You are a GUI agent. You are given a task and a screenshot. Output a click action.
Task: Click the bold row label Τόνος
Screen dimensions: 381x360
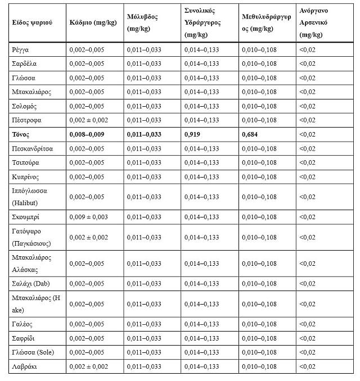[20, 134]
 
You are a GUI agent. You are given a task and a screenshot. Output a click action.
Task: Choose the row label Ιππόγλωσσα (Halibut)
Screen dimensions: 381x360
[29, 197]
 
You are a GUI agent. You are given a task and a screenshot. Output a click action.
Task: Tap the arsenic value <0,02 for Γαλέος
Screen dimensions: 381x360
[308, 324]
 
